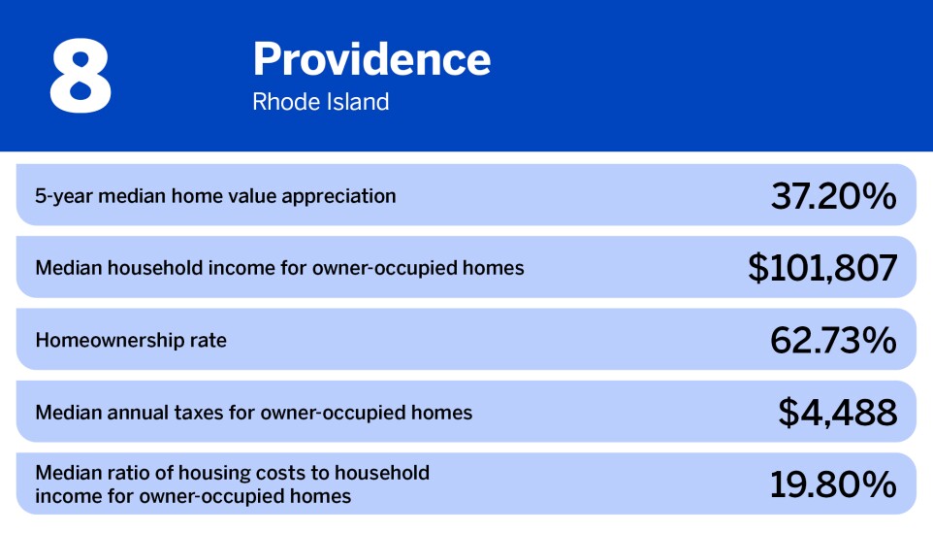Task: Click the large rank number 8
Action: tap(80, 76)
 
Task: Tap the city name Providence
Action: tap(371, 60)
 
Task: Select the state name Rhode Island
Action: tap(321, 102)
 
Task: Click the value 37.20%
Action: tap(833, 196)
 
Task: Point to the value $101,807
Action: tap(822, 268)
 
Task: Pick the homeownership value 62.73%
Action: tap(833, 340)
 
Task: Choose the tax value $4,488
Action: tap(838, 413)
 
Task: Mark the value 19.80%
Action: tap(833, 484)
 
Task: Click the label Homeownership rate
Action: tap(131, 340)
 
